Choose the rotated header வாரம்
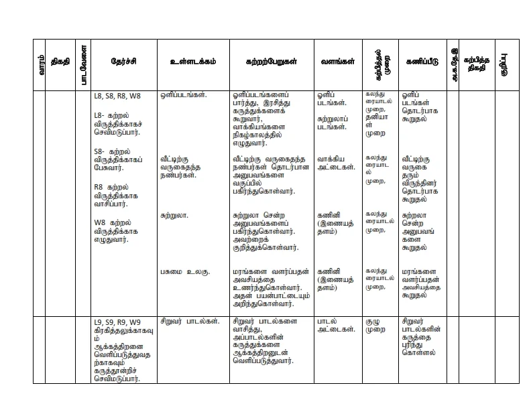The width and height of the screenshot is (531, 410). pyautogui.click(x=42, y=64)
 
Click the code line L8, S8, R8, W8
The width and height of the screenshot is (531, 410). pyautogui.click(x=117, y=96)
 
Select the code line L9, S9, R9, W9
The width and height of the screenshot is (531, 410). pyautogui.click(x=117, y=322)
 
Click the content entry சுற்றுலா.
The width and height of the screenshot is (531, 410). pyautogui.click(x=174, y=216)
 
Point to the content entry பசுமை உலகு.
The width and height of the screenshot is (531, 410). pyautogui.click(x=185, y=272)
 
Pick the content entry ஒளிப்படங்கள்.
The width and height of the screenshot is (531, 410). pyautogui.click(x=183, y=95)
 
